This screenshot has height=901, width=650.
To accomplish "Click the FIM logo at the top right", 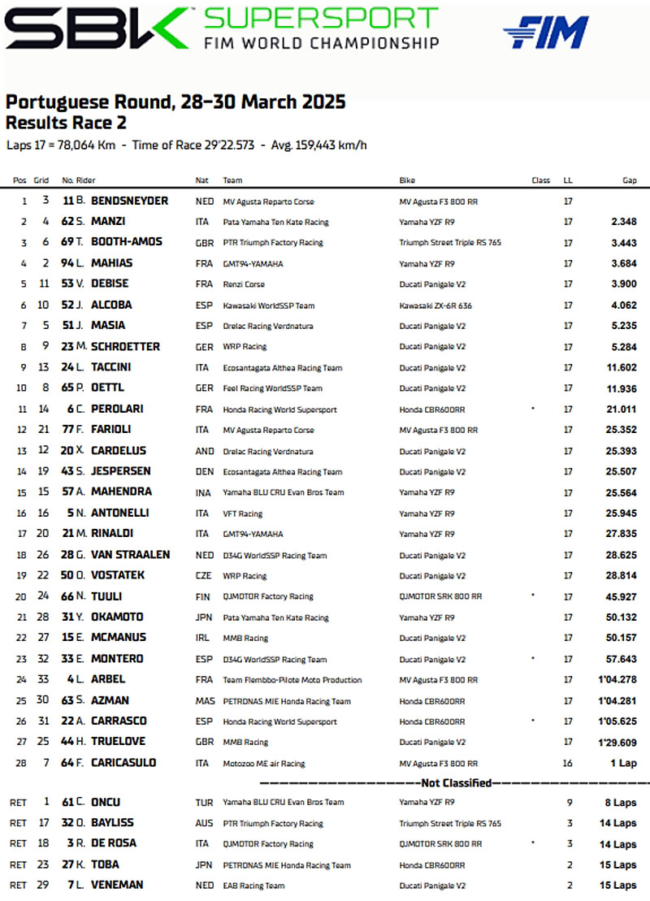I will click(x=545, y=32).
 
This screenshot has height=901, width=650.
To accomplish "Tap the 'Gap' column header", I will click(x=630, y=180).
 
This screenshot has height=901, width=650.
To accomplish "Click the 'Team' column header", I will click(x=232, y=180).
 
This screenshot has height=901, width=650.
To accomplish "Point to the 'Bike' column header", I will click(x=407, y=180).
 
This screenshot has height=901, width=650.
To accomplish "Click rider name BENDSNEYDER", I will click(x=129, y=201).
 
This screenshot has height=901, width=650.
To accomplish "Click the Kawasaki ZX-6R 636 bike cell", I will click(x=435, y=305).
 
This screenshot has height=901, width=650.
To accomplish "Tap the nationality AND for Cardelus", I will click(x=205, y=451).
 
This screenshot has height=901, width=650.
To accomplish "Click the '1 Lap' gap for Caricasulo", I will click(x=622, y=763).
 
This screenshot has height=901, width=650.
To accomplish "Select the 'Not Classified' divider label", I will click(x=456, y=783).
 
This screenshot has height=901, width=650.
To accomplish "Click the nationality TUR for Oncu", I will click(x=205, y=803).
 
